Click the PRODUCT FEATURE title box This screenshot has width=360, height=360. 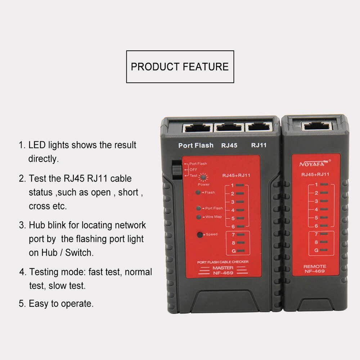180,67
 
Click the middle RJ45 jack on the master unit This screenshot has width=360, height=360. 229,127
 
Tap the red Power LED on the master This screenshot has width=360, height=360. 203,177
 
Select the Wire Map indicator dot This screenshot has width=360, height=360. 198,217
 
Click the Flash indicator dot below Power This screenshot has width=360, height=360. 198,192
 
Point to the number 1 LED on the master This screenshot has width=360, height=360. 240,185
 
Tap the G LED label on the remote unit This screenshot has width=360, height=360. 316,249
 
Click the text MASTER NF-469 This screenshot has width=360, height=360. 222,270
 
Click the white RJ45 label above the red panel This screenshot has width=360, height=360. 229,145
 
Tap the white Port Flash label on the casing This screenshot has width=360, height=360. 196,145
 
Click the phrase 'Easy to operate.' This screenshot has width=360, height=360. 61,303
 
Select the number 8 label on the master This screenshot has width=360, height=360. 233,243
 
